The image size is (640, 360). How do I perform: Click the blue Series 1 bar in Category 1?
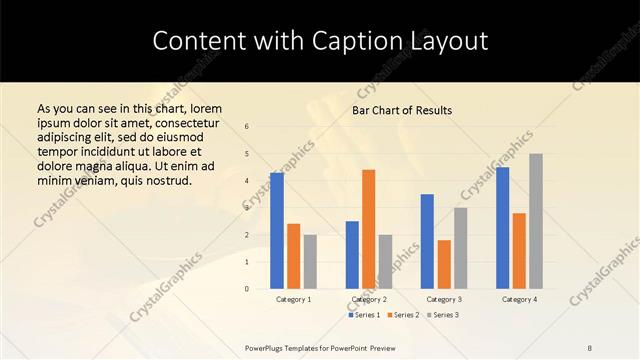point(277,231)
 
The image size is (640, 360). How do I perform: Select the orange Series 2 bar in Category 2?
point(369,229)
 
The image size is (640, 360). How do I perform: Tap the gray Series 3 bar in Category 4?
point(536,221)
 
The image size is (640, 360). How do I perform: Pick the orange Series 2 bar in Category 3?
point(444,264)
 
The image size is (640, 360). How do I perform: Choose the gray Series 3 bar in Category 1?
point(310,262)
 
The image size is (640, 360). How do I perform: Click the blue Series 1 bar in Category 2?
point(352,255)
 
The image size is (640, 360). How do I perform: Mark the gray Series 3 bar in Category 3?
point(460,248)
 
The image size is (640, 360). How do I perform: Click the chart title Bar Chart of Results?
point(402,110)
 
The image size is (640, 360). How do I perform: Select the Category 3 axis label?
point(444,299)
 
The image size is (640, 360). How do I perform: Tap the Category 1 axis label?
point(294,299)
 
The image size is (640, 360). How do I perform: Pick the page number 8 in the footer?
point(590,346)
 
